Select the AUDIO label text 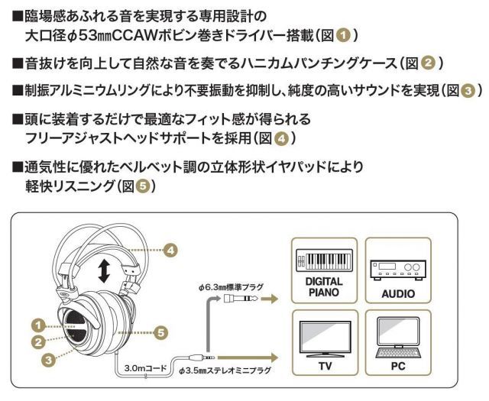point(398,293)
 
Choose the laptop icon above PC point(397,340)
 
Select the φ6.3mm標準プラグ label point(229,287)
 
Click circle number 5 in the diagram point(160,332)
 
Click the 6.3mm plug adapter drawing point(234,301)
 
